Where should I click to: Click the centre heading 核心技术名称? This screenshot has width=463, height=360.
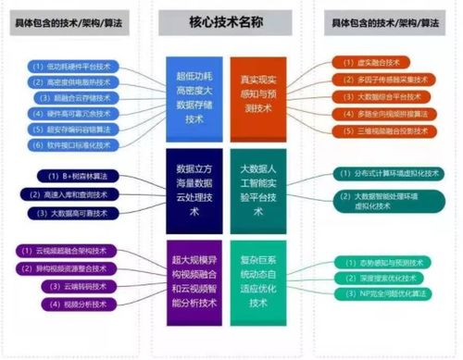pos(231,20)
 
